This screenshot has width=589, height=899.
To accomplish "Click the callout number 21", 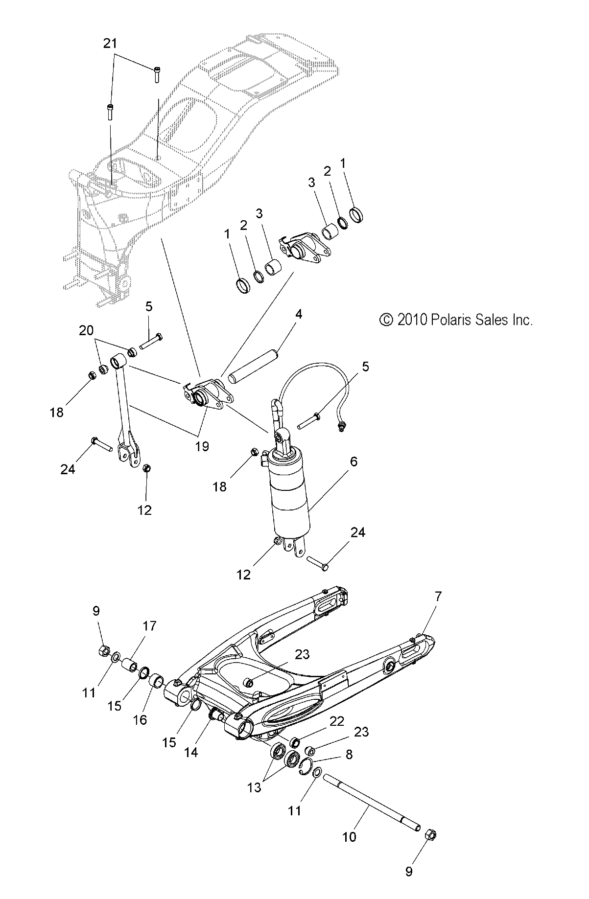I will [x=110, y=44].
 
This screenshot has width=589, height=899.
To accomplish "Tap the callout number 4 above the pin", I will [x=298, y=314].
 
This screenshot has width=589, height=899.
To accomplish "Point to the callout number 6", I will [x=353, y=461].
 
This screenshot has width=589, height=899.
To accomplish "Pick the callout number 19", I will [x=202, y=446].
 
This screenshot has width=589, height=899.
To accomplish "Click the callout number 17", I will [x=149, y=626].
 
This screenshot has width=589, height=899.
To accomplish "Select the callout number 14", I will [x=191, y=752].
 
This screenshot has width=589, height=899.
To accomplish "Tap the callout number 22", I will [x=337, y=721].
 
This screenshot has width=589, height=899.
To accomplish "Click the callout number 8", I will [x=349, y=755].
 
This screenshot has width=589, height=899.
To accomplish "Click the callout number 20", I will [x=86, y=331].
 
